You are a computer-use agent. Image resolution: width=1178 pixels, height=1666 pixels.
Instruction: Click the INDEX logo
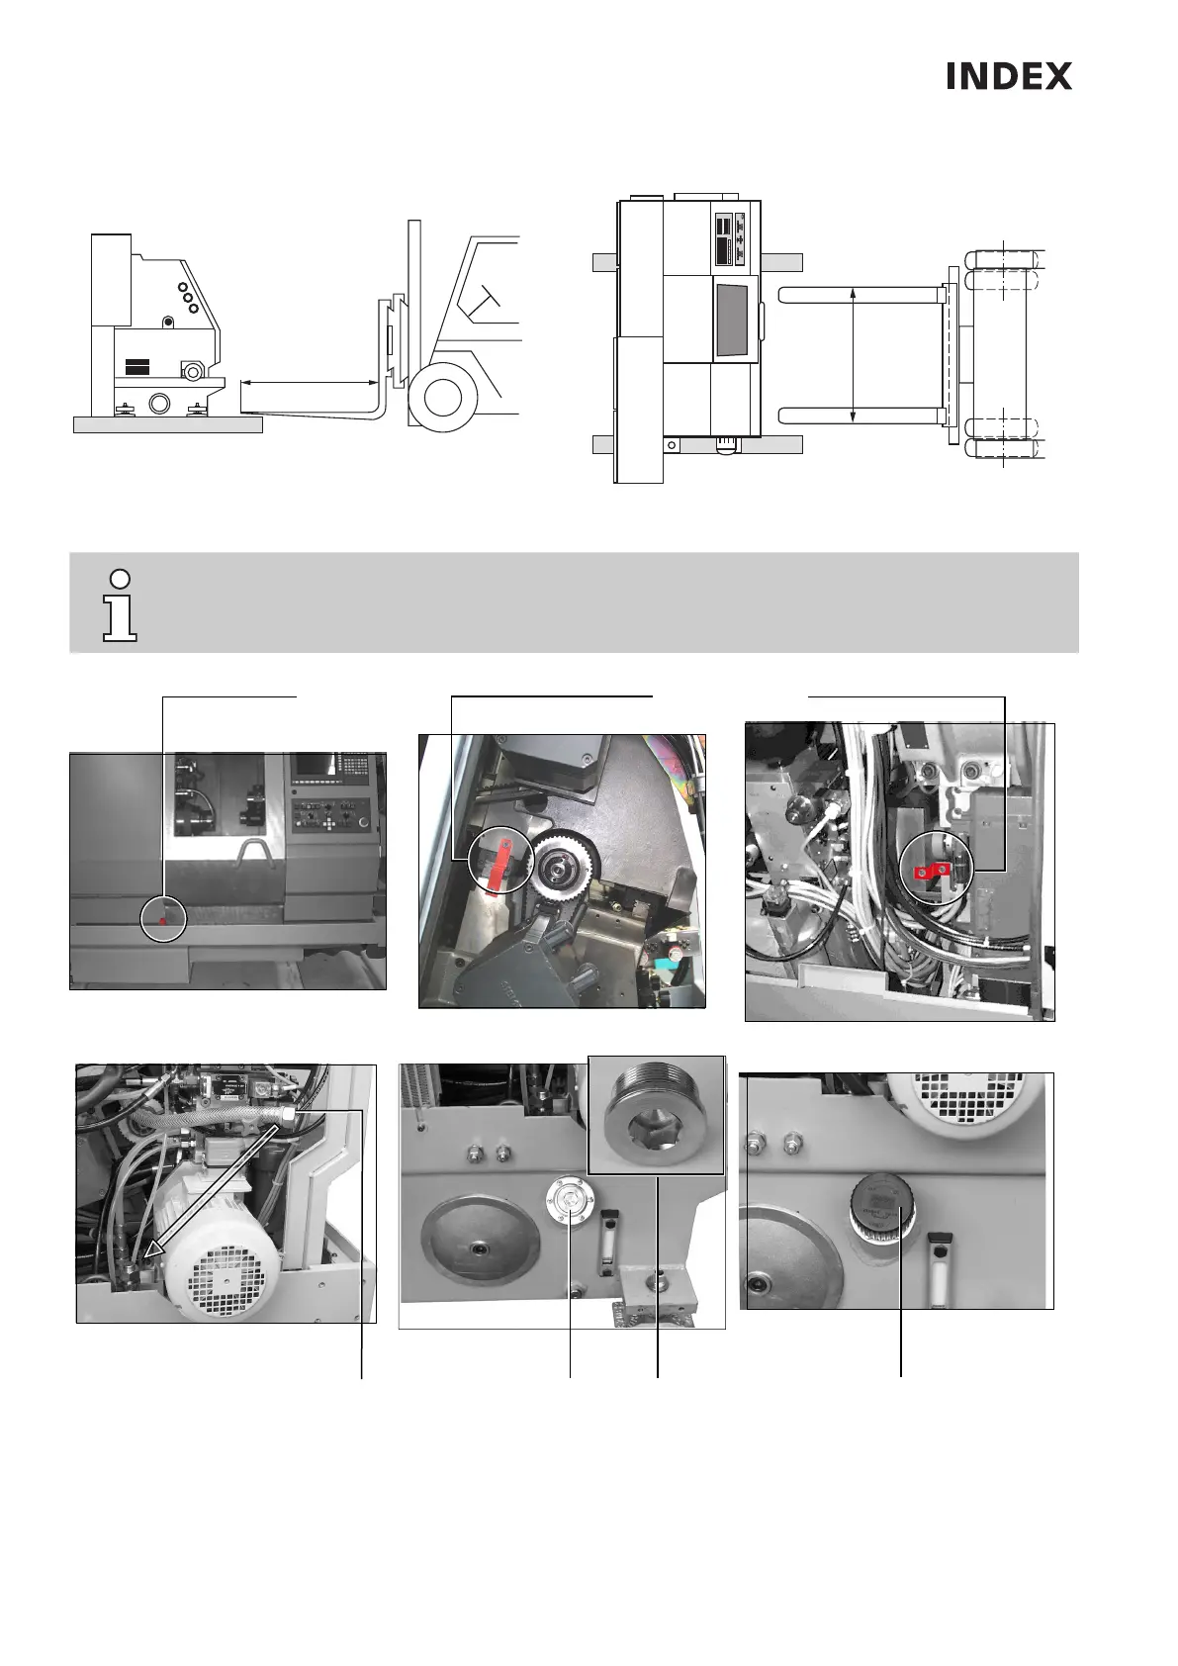coord(1008,76)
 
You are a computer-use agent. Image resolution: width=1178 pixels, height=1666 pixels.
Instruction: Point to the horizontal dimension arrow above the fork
coord(310,381)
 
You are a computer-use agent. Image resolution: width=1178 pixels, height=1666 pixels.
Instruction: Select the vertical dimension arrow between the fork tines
coord(853,353)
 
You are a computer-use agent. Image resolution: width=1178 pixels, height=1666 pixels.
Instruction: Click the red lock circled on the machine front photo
coord(163,919)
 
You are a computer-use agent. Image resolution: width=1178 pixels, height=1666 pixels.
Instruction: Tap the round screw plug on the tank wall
coord(568,1200)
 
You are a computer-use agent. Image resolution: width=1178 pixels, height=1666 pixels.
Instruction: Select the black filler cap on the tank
coord(876,1206)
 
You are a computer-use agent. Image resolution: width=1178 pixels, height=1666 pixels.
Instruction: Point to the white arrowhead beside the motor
coord(149,1253)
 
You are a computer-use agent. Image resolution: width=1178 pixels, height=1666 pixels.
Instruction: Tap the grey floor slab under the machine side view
coord(167,424)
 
